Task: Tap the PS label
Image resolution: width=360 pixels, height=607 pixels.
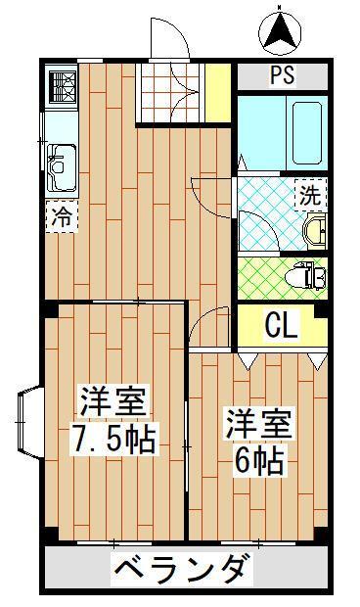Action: pos(283,74)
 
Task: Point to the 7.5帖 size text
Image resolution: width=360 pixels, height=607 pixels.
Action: pos(112,439)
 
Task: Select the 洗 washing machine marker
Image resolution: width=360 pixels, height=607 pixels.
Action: pos(309,194)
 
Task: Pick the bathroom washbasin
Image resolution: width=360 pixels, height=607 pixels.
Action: pos(316,231)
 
